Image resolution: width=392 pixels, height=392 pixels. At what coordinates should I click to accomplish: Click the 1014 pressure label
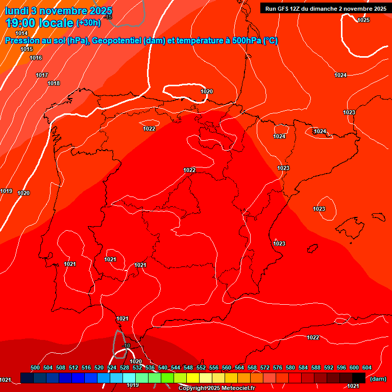point(21,33)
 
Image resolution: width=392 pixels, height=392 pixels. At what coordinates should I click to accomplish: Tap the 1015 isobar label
point(27,50)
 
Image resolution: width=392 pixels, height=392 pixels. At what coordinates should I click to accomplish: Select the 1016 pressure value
point(36,58)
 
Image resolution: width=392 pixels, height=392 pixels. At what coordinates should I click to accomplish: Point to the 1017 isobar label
point(42,75)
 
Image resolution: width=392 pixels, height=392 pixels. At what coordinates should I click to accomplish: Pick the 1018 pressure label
point(54,83)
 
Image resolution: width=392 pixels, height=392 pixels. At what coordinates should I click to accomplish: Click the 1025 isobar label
point(363,20)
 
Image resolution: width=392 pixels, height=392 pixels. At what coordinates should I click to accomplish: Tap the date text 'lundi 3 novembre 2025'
point(59,11)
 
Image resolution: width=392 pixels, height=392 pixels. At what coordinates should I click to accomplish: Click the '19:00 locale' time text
point(39,23)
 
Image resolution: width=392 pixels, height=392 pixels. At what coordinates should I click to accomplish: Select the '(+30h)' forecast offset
point(88,23)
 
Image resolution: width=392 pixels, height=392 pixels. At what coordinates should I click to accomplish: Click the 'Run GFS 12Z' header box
point(325,8)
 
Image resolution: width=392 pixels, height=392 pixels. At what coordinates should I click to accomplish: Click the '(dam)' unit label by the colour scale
point(378,379)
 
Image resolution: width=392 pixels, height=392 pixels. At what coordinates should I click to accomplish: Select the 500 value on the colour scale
point(35,367)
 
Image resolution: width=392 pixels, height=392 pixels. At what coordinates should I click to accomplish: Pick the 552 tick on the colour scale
point(201,367)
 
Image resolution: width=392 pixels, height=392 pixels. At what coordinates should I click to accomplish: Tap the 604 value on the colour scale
point(367,367)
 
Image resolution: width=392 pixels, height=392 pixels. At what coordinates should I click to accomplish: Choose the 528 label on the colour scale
point(125,367)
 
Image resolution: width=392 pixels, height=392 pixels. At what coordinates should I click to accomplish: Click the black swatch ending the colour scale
point(359,378)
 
